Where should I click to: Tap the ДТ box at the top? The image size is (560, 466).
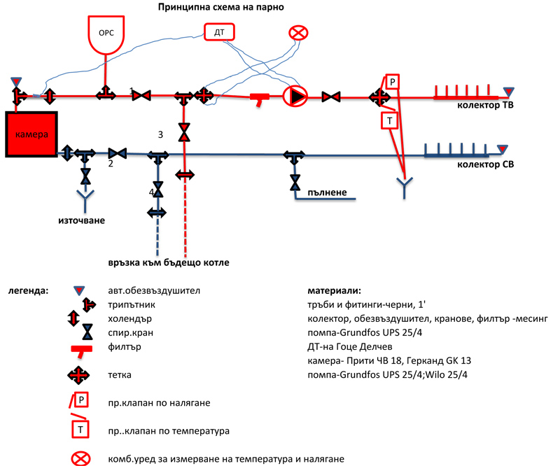[x=220, y=31]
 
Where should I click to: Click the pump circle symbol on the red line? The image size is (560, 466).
[x=295, y=96]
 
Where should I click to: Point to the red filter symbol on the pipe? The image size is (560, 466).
[x=261, y=99]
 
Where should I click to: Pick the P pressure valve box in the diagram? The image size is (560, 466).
[x=393, y=81]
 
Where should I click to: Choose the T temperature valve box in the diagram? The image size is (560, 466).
[x=390, y=120]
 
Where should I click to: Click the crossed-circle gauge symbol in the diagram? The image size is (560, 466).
[x=299, y=33]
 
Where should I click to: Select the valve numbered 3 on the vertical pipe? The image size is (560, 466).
[x=184, y=132]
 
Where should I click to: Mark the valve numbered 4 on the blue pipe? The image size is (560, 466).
[x=158, y=190]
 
